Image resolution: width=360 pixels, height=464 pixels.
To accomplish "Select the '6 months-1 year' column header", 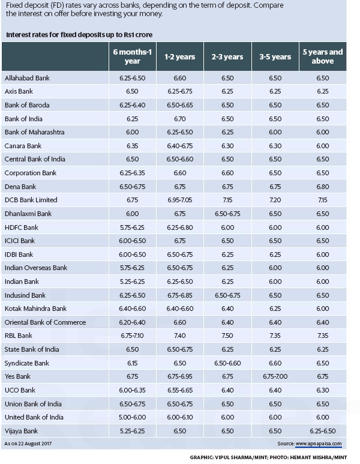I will [133, 57].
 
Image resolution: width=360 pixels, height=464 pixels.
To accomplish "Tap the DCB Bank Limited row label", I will [31, 200].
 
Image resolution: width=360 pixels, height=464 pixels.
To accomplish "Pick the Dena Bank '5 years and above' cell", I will [323, 186].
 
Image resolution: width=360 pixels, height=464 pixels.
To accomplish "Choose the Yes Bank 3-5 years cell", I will [275, 376].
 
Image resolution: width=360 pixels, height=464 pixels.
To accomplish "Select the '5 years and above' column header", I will [323, 57].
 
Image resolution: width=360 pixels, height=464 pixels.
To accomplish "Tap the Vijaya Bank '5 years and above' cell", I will [323, 430].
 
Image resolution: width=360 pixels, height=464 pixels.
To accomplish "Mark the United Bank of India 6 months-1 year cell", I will [133, 417].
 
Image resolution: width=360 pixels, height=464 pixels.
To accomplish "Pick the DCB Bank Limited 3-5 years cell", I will [275, 200].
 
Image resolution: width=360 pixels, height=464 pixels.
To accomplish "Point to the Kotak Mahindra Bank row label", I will [35, 309].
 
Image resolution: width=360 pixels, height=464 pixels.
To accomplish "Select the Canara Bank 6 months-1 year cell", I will [133, 146].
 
